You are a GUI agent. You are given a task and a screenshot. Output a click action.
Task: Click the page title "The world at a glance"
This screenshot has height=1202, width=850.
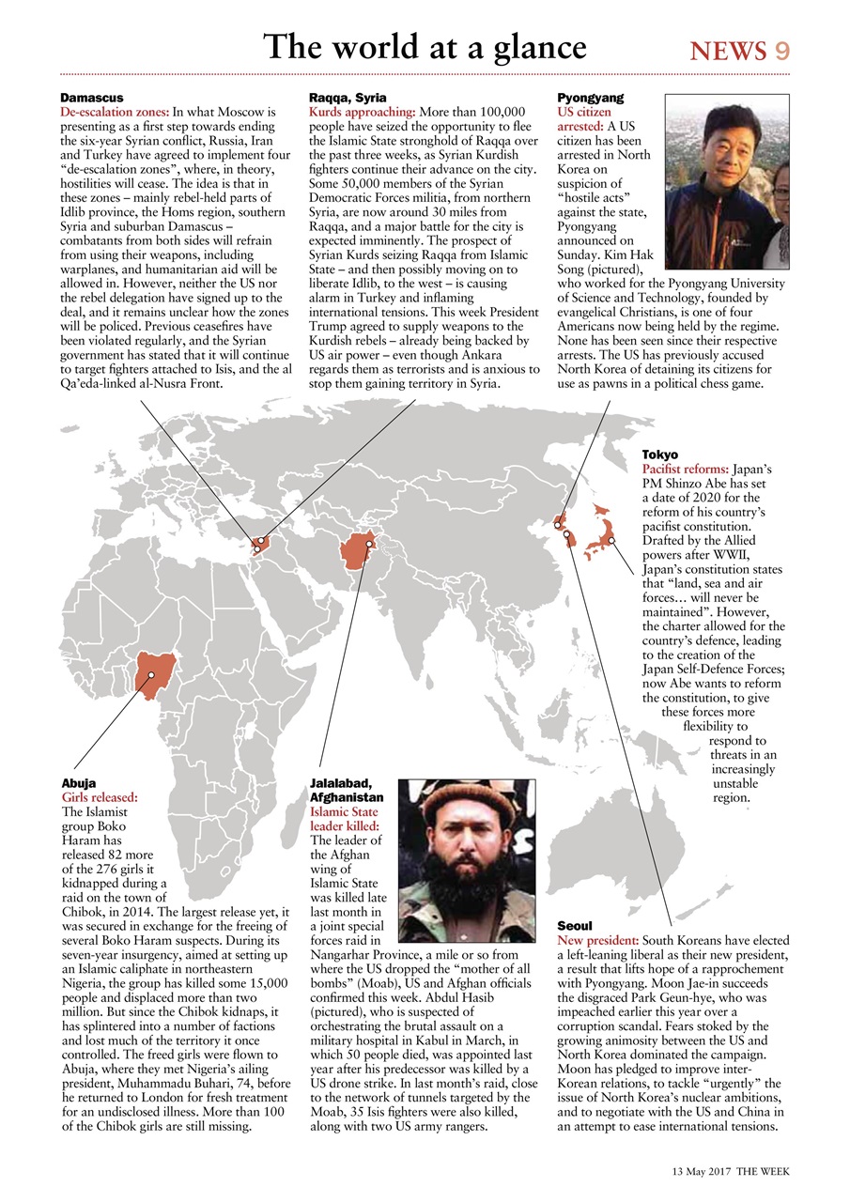[425, 46]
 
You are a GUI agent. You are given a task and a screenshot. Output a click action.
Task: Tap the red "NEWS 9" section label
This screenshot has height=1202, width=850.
[739, 51]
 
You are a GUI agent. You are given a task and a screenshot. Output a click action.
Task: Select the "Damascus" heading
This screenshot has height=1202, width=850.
[92, 98]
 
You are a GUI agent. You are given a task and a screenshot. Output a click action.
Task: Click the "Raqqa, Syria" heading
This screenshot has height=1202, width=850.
[348, 98]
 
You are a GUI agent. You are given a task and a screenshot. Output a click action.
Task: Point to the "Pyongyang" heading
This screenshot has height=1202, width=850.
[590, 98]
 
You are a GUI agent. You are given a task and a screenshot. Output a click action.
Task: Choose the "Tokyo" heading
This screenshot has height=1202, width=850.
[660, 455]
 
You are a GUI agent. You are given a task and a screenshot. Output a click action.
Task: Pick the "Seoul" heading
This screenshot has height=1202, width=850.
[575, 926]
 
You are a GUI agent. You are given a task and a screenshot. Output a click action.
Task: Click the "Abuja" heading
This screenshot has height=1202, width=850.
[78, 782]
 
